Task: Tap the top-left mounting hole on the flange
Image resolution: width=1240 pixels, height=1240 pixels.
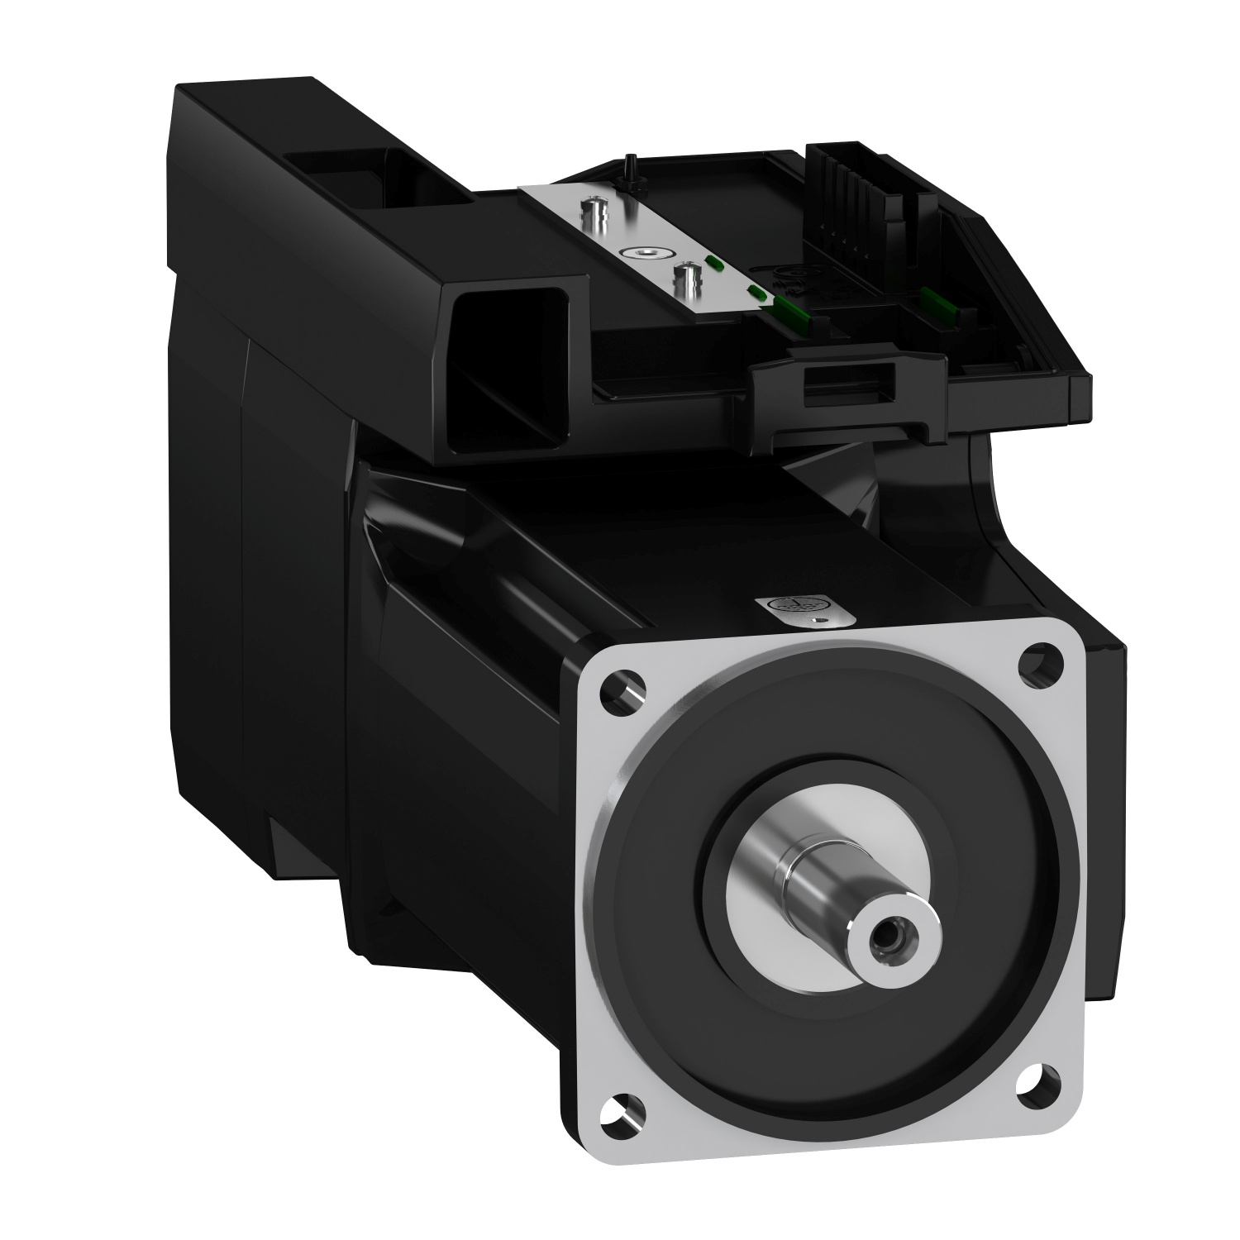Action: tap(620, 689)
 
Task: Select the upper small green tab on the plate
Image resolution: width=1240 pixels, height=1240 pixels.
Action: tap(713, 264)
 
